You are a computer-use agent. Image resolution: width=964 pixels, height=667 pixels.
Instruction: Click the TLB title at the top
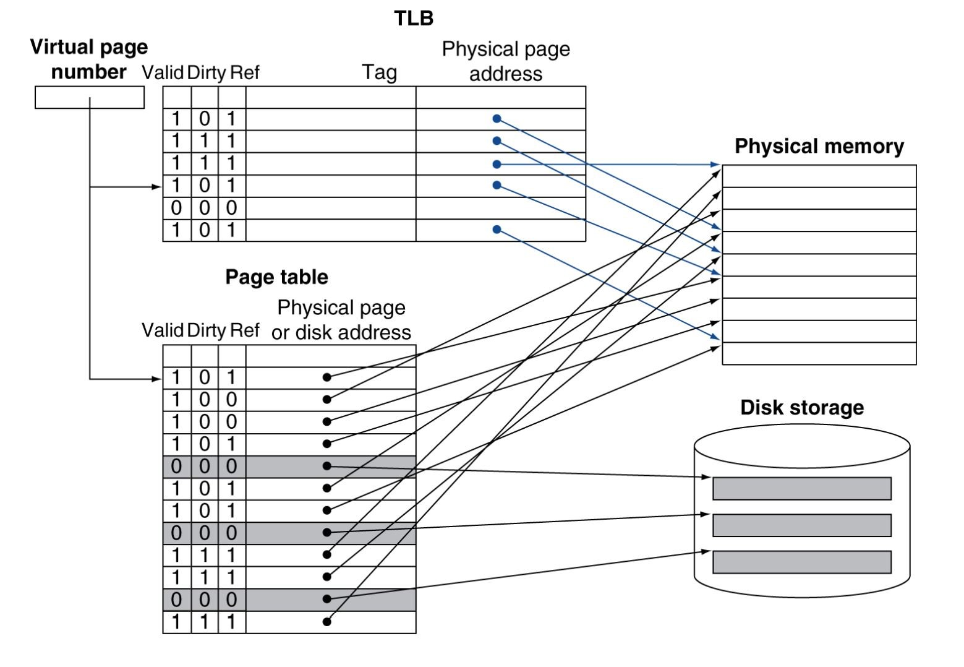414,19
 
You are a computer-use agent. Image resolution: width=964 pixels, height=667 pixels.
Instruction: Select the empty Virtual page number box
89,97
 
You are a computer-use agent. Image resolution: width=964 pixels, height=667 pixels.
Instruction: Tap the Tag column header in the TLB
379,72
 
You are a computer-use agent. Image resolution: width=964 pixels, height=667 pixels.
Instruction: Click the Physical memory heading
819,146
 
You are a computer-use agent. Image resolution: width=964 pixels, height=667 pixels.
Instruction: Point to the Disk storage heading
801,407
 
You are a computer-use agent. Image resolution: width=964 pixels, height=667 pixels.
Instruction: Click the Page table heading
276,277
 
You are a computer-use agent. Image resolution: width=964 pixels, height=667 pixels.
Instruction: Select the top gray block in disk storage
801,488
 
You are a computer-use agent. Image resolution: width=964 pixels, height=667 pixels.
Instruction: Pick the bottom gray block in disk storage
801,562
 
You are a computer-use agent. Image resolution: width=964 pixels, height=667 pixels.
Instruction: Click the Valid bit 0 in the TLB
176,208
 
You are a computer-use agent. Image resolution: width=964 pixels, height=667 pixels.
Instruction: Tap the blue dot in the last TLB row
497,230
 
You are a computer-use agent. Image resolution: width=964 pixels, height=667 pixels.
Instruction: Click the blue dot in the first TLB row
497,119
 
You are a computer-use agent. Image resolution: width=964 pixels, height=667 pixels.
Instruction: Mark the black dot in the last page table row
327,621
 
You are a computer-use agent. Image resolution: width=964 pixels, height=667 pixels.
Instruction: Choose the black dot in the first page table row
327,377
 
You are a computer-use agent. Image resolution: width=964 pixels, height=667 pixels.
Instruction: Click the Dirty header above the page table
206,330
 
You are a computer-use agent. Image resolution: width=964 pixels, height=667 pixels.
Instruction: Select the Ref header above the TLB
244,73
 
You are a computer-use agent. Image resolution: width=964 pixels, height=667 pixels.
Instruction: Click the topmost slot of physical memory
819,176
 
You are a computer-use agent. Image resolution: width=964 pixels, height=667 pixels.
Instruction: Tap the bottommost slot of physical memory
819,354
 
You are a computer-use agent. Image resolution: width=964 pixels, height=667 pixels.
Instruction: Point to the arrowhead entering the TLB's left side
157,186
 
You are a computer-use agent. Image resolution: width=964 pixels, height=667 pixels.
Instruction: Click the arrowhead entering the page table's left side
157,378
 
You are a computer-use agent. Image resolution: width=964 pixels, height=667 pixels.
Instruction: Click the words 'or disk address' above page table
341,333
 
